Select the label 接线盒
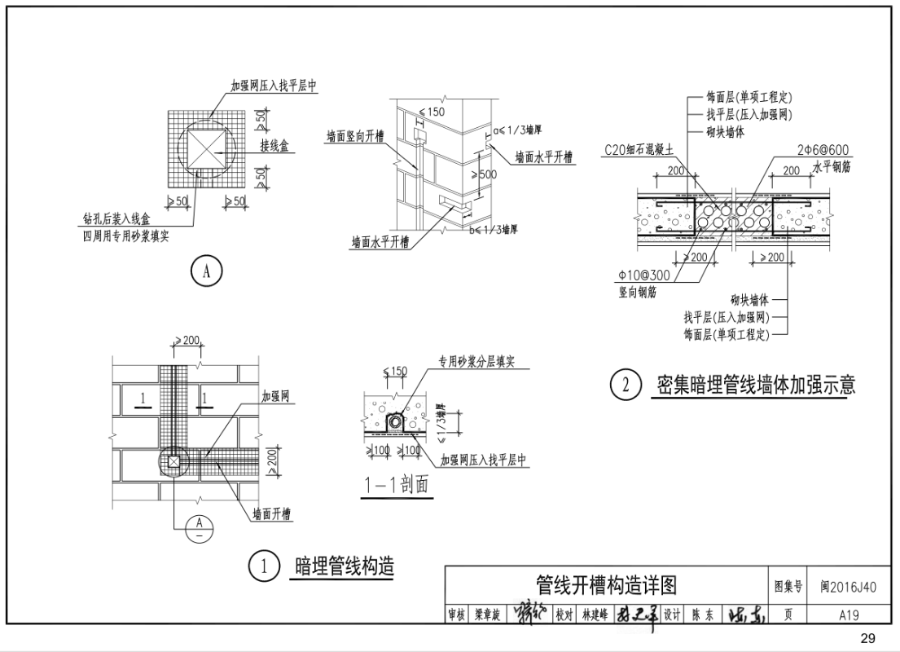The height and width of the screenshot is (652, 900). [276, 147]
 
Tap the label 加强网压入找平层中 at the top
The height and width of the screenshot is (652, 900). [274, 86]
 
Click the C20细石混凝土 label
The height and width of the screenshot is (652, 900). [639, 150]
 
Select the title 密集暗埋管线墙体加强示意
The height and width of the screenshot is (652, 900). [756, 385]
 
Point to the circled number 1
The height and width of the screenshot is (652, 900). [264, 566]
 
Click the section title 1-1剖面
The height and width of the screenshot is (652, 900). [397, 487]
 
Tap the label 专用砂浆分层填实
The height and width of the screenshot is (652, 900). [476, 361]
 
